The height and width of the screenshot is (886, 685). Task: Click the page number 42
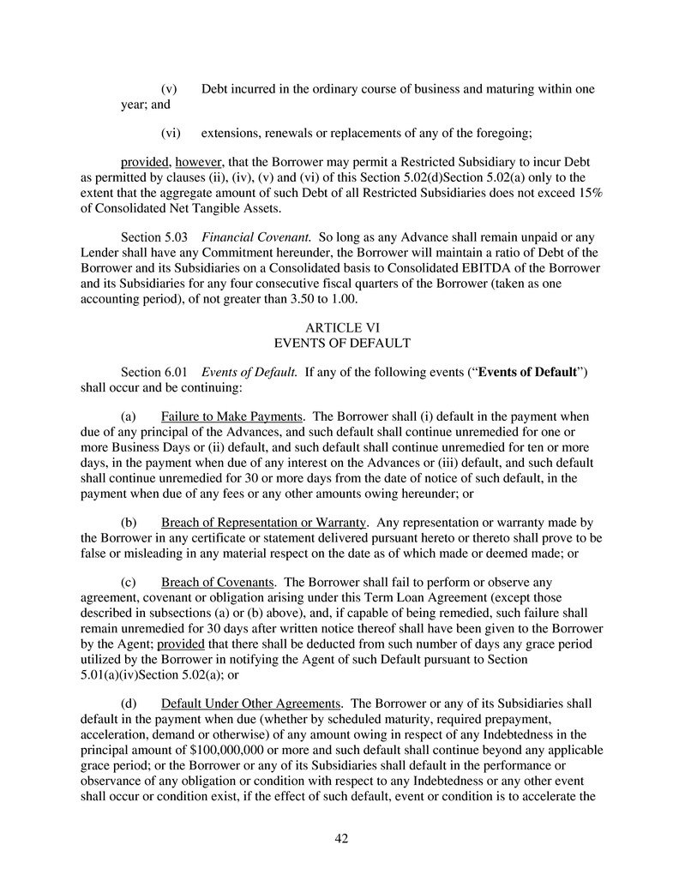coord(341,838)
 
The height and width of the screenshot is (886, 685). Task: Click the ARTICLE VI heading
coord(342,327)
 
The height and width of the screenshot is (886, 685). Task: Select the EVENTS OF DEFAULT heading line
coord(342,343)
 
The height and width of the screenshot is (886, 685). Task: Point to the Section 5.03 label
coord(153,236)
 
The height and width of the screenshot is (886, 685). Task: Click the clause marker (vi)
coord(171,133)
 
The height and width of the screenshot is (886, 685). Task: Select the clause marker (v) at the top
coord(169,89)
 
